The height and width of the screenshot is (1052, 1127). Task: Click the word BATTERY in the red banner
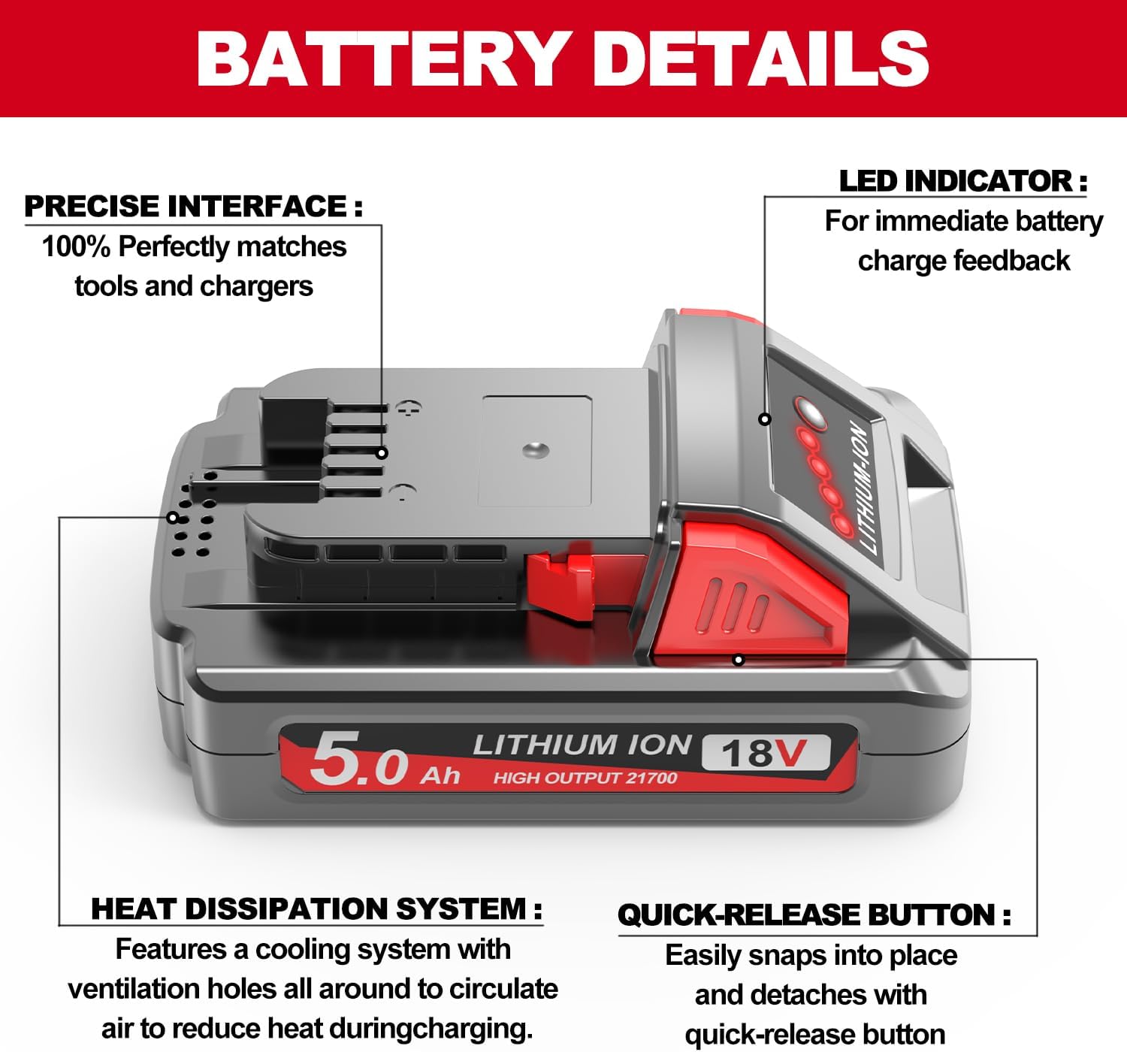click(382, 59)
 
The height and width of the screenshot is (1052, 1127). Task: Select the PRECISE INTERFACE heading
click(193, 206)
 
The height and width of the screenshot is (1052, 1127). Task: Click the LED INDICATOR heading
click(962, 180)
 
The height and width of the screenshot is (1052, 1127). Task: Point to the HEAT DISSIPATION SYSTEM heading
click(316, 909)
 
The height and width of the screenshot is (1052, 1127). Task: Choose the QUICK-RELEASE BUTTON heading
click(814, 915)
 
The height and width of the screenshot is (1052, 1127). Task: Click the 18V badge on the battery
click(765, 752)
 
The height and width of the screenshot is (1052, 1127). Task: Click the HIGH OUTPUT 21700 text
click(585, 778)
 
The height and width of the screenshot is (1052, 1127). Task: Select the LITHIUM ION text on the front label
click(582, 745)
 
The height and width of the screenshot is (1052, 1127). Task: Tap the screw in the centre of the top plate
click(535, 450)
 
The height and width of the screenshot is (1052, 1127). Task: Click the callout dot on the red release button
click(739, 660)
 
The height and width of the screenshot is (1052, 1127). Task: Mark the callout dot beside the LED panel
click(765, 419)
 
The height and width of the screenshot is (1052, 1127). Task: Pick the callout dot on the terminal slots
click(382, 453)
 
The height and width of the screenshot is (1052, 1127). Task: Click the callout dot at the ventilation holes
click(173, 518)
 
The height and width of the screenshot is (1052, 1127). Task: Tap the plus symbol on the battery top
click(408, 408)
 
